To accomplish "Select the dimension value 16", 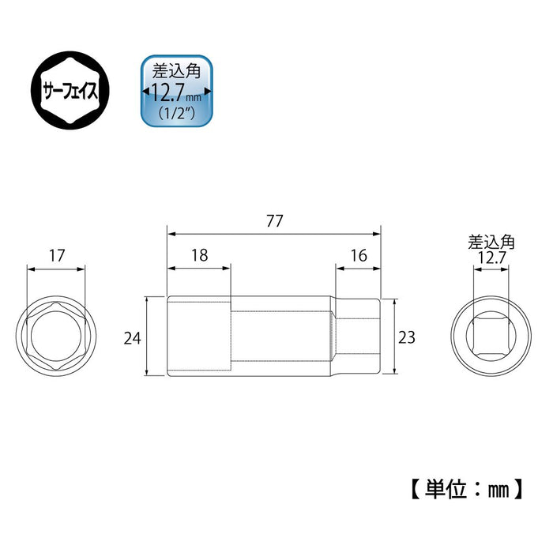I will click(x=357, y=255).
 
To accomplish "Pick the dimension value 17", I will click(x=55, y=255).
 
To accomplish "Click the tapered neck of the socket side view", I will click(x=334, y=337).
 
